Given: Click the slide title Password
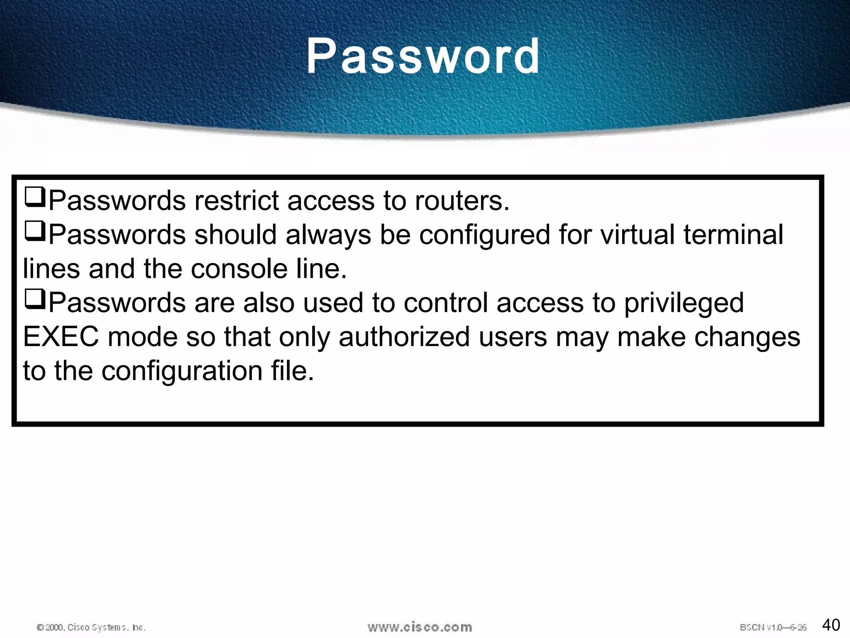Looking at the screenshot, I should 423,56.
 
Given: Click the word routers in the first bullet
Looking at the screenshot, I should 462,201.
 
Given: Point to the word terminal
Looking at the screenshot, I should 733,235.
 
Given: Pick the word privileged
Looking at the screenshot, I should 684,303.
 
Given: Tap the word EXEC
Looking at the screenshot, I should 61,337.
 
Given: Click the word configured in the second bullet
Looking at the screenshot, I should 484,235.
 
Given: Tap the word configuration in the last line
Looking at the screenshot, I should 182,371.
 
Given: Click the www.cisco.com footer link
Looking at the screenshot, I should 420,627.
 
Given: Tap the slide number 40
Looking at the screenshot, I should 831,625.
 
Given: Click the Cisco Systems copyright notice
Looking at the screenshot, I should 91,627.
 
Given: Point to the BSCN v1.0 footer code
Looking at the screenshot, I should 773,627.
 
